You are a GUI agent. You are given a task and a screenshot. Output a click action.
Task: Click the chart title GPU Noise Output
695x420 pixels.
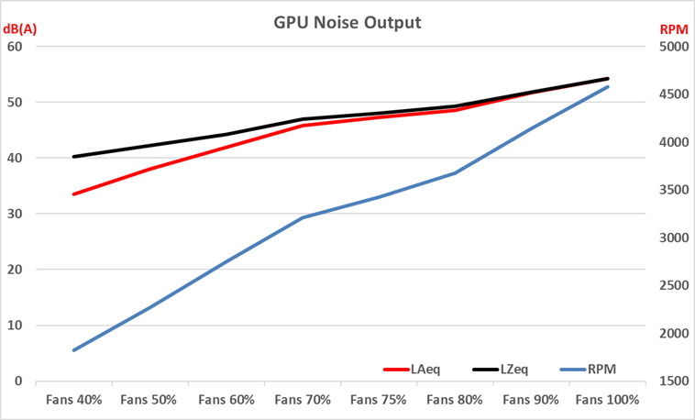tap(347, 22)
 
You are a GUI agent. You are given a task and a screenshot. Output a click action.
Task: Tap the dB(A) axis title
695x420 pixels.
tap(23, 28)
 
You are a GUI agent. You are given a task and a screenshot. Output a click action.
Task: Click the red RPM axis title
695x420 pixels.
tap(673, 29)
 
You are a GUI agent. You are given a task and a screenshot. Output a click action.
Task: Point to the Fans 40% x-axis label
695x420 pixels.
tap(74, 400)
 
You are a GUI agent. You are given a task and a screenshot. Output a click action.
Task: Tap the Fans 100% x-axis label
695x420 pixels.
tap(607, 400)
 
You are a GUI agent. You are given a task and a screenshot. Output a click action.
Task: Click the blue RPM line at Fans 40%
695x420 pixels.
tap(74, 350)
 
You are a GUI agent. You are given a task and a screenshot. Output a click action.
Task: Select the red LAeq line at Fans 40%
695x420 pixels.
tap(74, 194)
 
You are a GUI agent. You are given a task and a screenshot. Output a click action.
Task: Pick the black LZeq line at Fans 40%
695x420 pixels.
tap(74, 157)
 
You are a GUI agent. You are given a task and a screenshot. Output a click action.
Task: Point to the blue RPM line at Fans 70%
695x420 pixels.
tap(303, 217)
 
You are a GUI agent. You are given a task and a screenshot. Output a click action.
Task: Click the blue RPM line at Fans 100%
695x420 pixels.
tap(607, 86)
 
